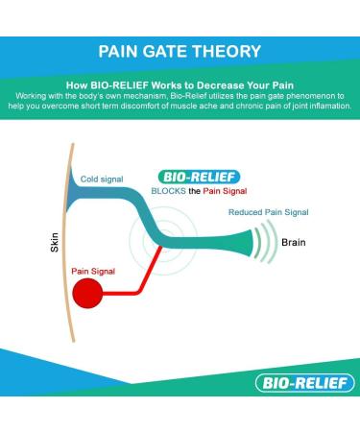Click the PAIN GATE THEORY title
(180, 50)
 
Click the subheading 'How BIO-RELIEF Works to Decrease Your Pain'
(180, 84)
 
